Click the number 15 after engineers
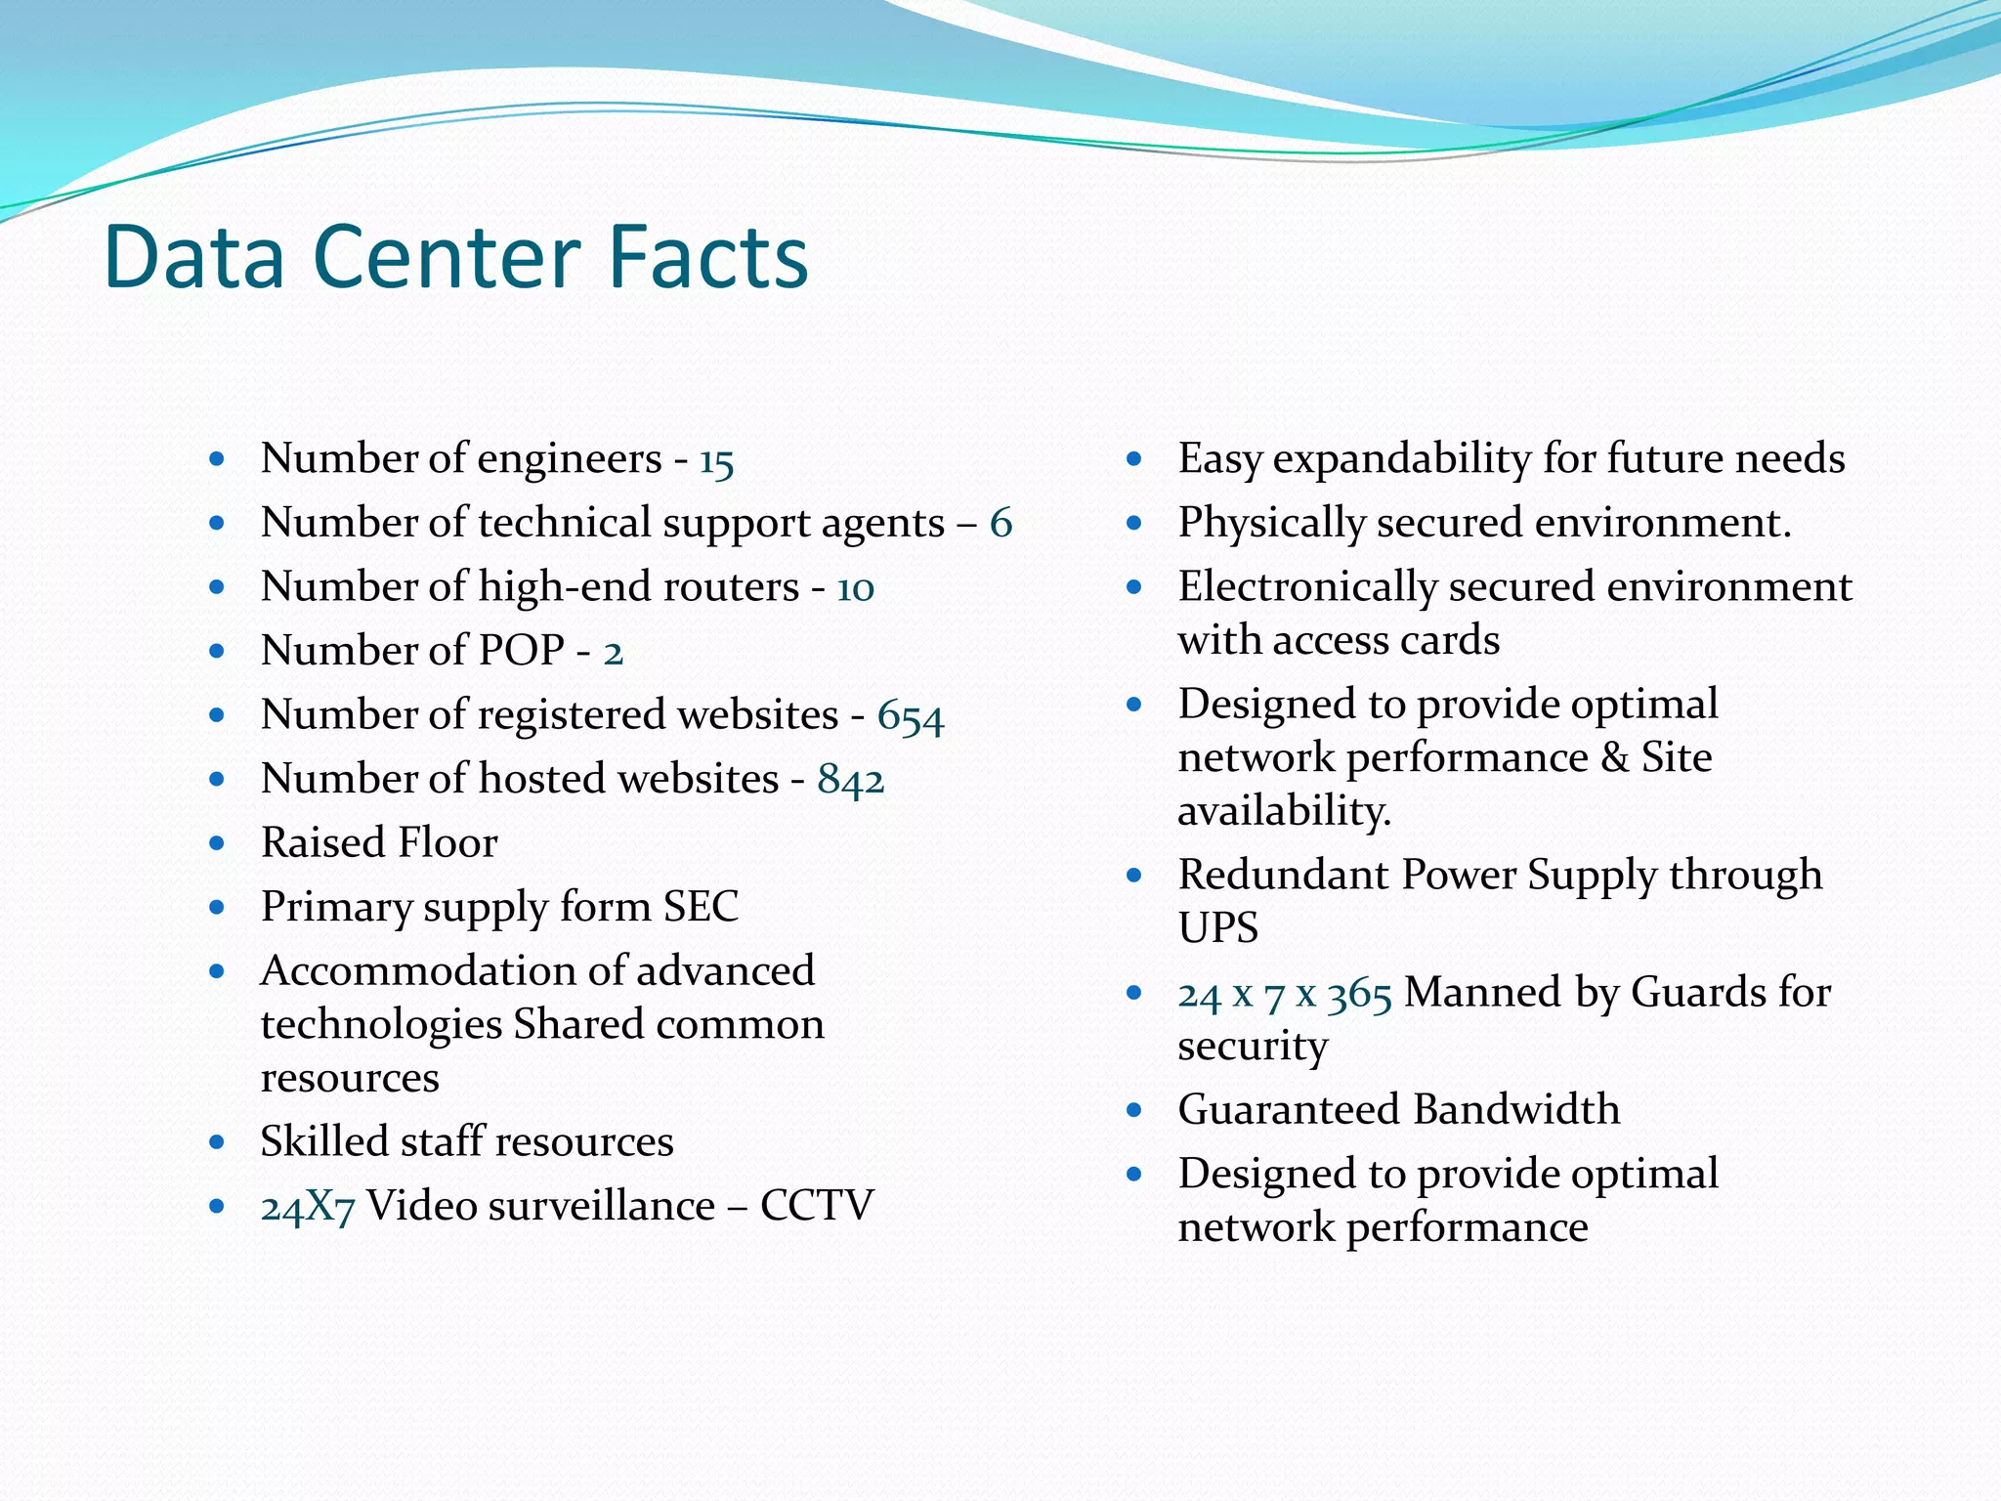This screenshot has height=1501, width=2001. (x=716, y=460)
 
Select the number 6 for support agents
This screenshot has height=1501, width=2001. (x=1000, y=524)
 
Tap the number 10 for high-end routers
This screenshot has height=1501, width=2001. (x=855, y=588)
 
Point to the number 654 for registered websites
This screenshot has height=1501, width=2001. (x=910, y=716)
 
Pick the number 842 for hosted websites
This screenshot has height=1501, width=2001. (x=850, y=780)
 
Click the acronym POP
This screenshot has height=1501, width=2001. (x=522, y=651)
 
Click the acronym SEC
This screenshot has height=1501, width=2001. (x=701, y=907)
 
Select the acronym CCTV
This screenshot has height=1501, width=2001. (x=817, y=1206)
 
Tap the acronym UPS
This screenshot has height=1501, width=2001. (x=1217, y=927)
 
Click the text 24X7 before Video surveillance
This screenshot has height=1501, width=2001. (x=307, y=1208)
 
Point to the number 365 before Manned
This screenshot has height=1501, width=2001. (x=1359, y=995)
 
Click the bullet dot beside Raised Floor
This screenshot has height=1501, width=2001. (x=217, y=842)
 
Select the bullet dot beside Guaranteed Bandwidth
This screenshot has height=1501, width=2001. (x=1133, y=1110)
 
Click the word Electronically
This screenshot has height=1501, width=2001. (x=1307, y=587)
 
